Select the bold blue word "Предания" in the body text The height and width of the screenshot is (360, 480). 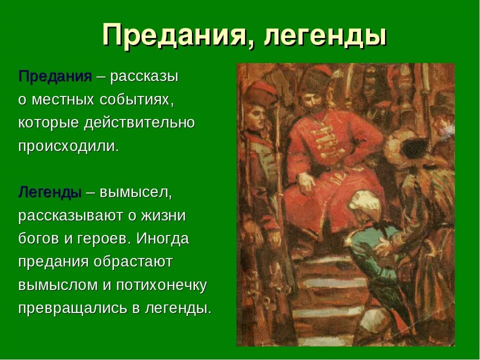pyautogui.click(x=55, y=76)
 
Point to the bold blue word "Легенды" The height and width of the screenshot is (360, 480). pyautogui.click(x=50, y=192)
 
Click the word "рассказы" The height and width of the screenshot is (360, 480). pyautogui.click(x=144, y=76)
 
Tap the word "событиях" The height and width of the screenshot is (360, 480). pyautogui.click(x=137, y=99)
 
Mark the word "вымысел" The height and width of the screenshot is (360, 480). pyautogui.click(x=135, y=192)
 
